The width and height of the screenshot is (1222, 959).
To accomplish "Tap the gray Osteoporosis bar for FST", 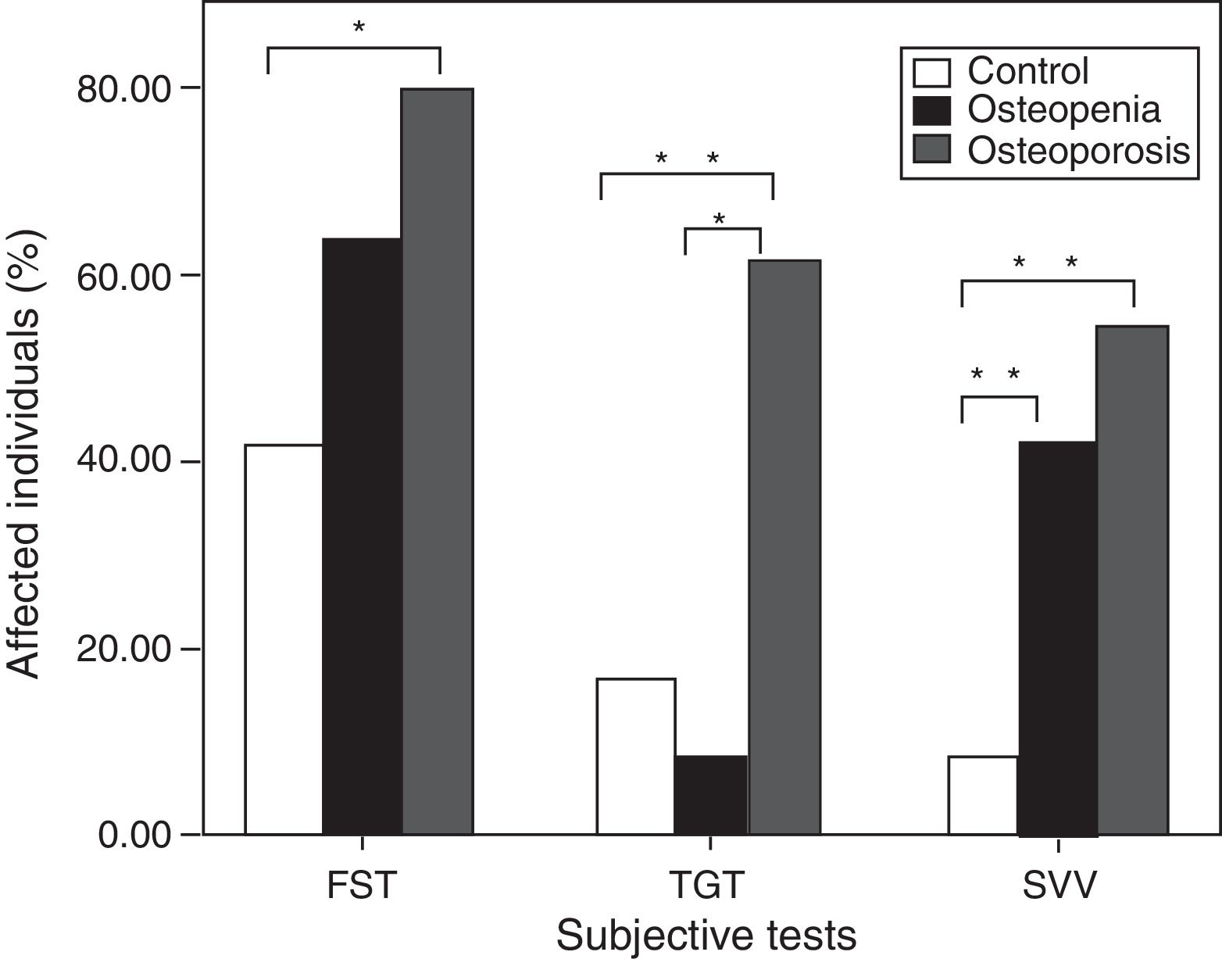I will pos(437,461).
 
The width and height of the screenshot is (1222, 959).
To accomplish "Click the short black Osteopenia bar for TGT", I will pos(710,795).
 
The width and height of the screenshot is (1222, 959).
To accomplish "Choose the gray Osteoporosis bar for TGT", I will pos(784,547).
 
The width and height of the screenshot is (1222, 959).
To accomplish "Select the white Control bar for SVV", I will pos(983,795).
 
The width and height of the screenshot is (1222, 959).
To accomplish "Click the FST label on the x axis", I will pos(362,887).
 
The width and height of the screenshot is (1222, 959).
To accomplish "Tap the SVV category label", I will pos(1059,887).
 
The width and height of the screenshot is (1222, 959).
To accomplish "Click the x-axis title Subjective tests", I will pos(706,935).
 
